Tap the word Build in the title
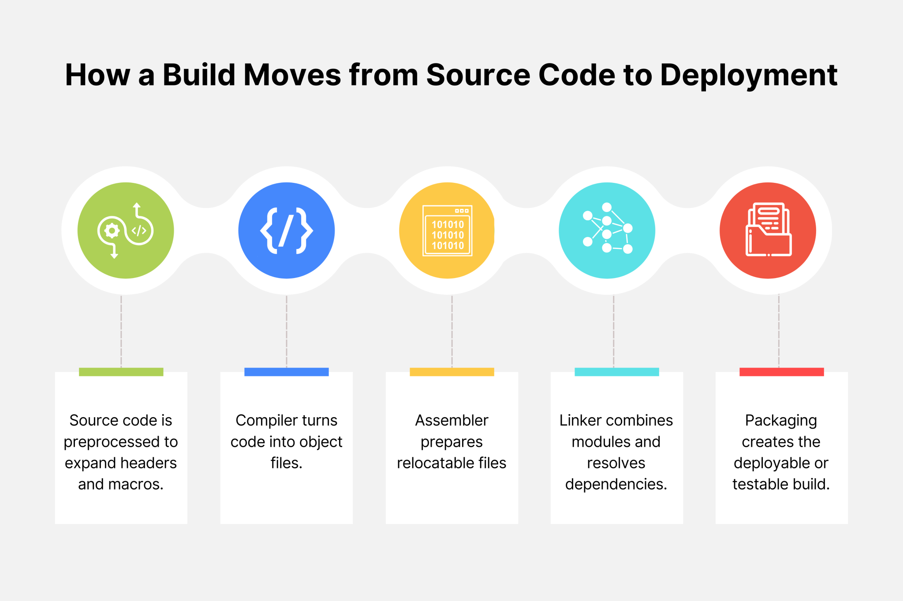coord(199,75)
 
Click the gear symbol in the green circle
coord(112,230)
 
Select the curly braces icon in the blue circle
coord(287,230)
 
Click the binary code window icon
coord(447,230)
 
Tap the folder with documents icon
coord(768,230)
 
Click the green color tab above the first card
coord(121,372)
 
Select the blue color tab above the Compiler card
coord(287,372)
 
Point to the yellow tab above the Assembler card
coord(451,372)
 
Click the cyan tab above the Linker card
coord(616,372)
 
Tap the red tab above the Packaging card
coord(781,372)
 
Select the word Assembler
coord(451,420)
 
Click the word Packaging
coord(781,421)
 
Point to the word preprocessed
coord(112,442)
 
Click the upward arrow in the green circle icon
coord(137,206)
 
